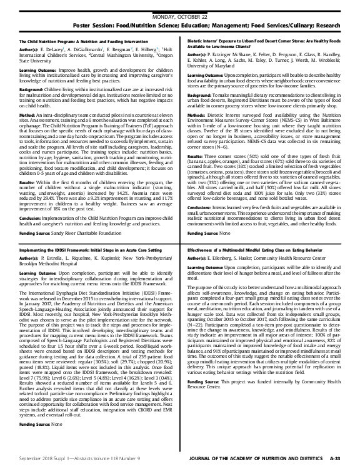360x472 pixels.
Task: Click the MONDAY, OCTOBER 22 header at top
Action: point(179,6)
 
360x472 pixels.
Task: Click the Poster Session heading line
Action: point(179,17)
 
